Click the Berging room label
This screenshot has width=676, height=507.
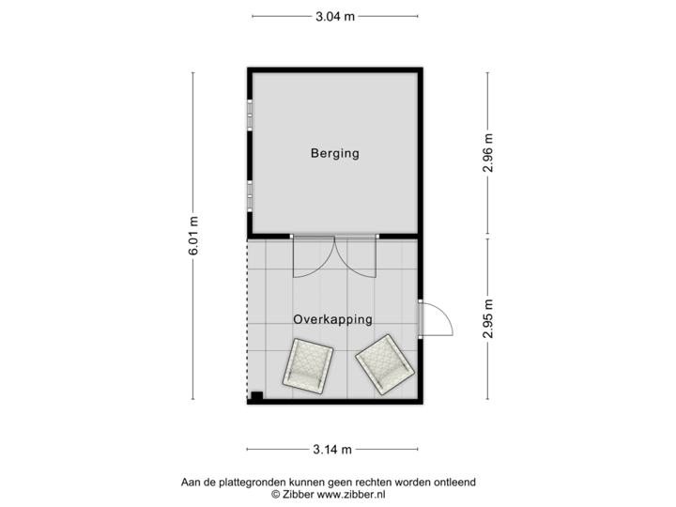pos(335,153)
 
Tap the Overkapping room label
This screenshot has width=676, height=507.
pos(333,319)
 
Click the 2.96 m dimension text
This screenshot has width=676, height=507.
pos(487,153)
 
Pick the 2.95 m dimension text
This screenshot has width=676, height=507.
pos(487,319)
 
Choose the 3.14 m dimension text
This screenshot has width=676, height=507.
pos(334,451)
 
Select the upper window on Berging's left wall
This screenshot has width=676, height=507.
pos(249,115)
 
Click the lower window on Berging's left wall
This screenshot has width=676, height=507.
pos(249,196)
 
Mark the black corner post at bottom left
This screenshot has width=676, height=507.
pos(253,399)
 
